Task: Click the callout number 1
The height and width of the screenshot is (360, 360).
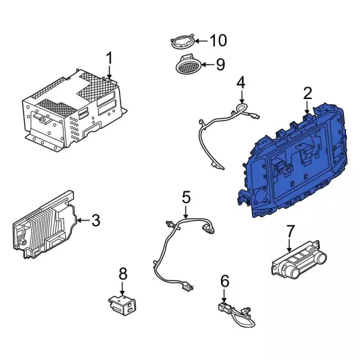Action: (x=110, y=58)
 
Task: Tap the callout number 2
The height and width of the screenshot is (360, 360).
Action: (x=308, y=93)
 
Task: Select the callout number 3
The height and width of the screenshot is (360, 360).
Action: (x=96, y=220)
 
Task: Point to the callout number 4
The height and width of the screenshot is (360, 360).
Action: (x=241, y=83)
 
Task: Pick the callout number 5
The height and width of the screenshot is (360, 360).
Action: (x=186, y=197)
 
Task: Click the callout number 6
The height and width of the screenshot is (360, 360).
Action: (x=224, y=281)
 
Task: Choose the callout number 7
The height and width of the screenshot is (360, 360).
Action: (x=290, y=231)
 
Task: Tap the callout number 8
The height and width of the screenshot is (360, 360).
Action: (x=123, y=273)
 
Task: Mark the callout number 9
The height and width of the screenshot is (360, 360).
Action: (x=220, y=65)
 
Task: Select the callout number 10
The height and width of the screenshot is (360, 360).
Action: (x=218, y=40)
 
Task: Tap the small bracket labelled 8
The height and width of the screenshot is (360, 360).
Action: (x=121, y=305)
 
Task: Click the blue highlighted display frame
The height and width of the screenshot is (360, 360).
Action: (x=292, y=161)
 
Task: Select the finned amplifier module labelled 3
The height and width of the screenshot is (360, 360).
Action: (x=45, y=224)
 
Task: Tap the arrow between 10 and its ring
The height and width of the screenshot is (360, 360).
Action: (x=201, y=41)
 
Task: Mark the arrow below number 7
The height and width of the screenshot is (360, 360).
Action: (x=289, y=245)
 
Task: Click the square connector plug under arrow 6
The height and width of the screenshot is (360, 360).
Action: (x=223, y=307)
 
